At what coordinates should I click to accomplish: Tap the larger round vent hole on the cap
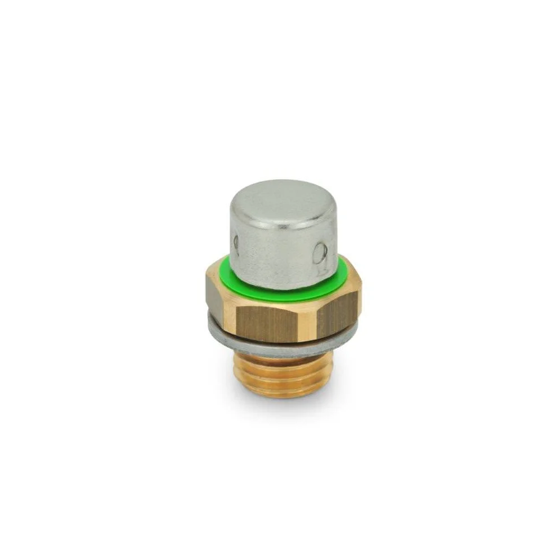[x=319, y=252]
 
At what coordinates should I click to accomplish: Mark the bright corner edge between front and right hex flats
[x=310, y=321]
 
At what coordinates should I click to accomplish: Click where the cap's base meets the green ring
[x=280, y=280]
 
